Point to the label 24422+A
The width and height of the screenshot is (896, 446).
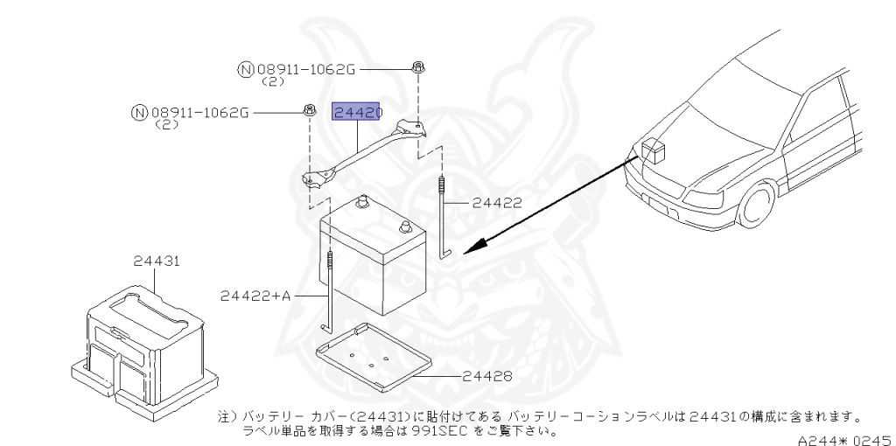[255, 296]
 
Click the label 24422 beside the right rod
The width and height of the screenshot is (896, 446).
[497, 202]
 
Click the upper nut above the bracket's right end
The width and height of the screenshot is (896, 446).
[419, 66]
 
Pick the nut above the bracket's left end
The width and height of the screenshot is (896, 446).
[310, 110]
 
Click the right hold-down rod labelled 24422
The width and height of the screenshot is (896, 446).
[444, 219]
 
